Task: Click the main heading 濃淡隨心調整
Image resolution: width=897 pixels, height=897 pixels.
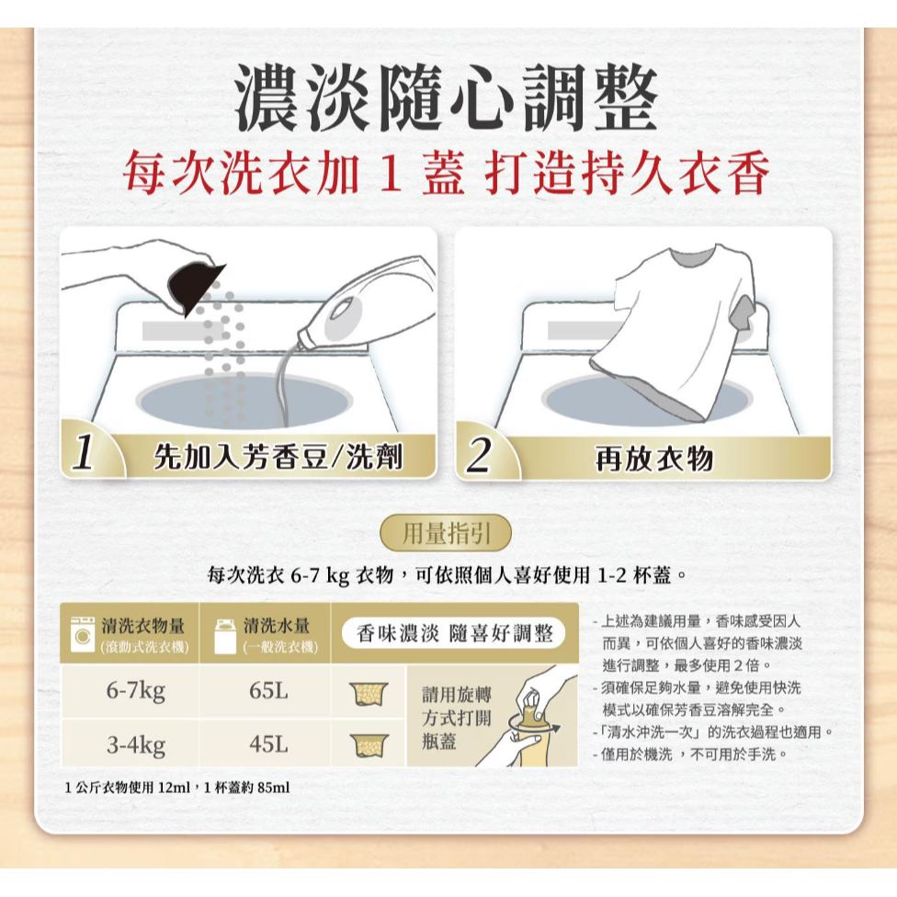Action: (447, 98)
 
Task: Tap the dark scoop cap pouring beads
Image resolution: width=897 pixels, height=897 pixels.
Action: (197, 286)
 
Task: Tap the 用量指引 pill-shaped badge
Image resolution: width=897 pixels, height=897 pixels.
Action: (446, 533)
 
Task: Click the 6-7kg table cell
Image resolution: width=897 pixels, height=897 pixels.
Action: (135, 691)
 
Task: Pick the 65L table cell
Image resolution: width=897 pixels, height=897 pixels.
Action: (267, 691)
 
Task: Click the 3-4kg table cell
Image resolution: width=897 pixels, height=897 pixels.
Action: (135, 744)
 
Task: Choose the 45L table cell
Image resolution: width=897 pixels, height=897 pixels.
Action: (267, 744)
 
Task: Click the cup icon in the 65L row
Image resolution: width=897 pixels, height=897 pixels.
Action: (369, 692)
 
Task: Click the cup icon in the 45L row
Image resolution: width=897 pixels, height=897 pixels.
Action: (369, 744)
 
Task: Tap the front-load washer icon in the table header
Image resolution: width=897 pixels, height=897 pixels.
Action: (83, 633)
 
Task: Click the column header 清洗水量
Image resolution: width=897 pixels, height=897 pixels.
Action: (278, 626)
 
